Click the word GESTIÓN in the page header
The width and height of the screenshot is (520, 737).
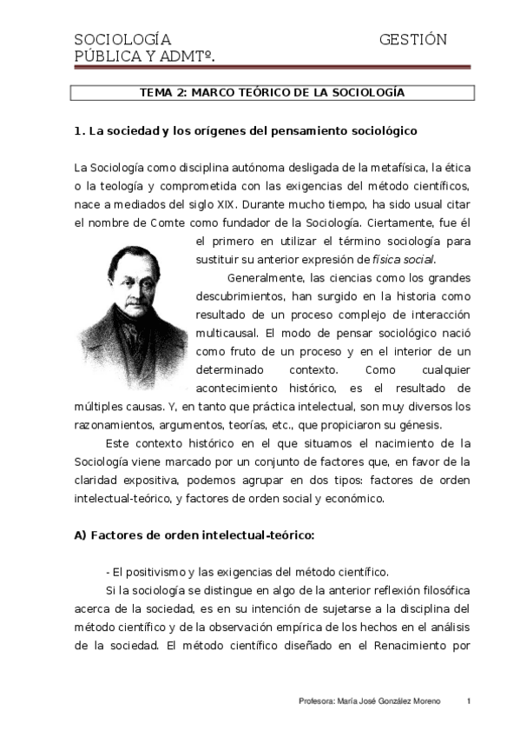point(412,40)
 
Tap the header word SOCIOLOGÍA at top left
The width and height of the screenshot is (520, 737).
point(122,40)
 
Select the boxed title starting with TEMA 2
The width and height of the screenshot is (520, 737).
point(272,92)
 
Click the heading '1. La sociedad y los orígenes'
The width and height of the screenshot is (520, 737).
point(246,131)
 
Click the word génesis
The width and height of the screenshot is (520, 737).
point(418,425)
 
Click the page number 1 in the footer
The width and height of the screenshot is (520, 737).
point(468,700)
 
